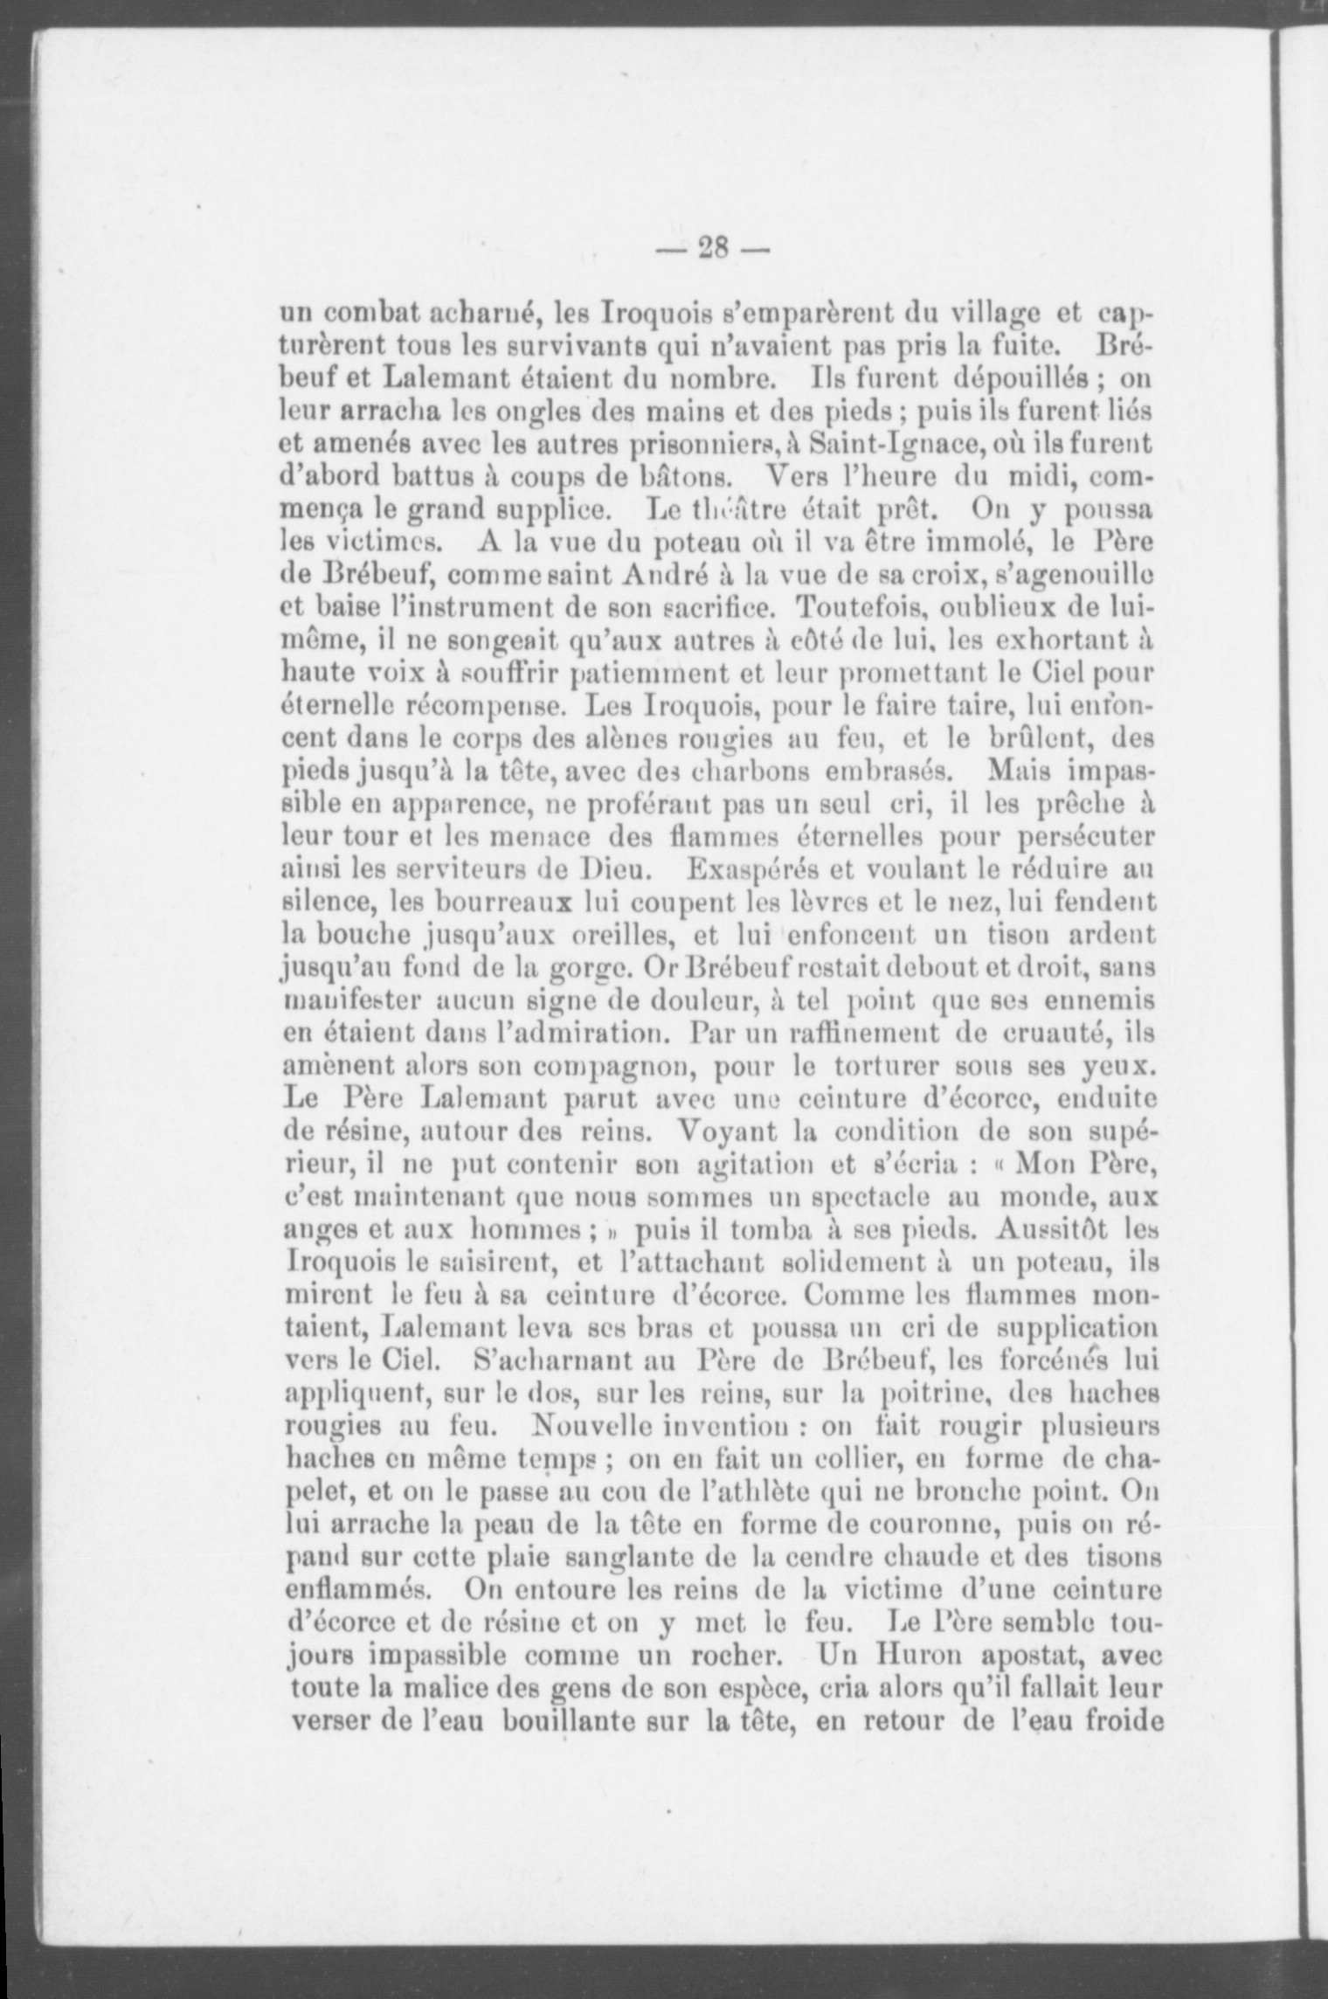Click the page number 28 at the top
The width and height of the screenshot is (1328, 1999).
(x=713, y=250)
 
